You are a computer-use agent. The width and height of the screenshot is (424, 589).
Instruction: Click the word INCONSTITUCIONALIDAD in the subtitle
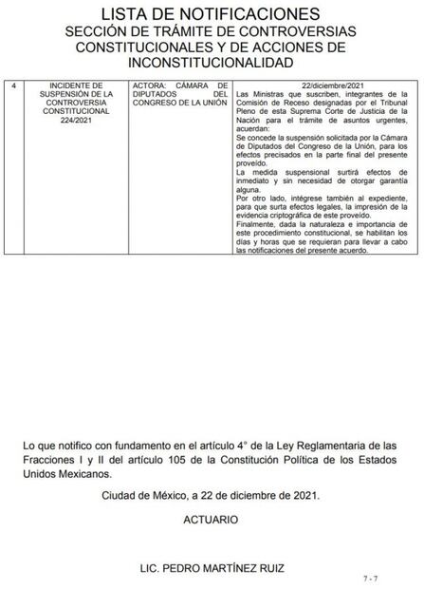pyautogui.click(x=212, y=63)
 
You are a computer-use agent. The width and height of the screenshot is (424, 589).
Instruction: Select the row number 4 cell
pyautogui.click(x=13, y=85)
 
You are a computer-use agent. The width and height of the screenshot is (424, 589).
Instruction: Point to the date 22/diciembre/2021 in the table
pyautogui.click(x=324, y=85)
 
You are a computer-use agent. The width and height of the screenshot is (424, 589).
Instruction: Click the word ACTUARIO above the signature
pyautogui.click(x=211, y=522)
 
